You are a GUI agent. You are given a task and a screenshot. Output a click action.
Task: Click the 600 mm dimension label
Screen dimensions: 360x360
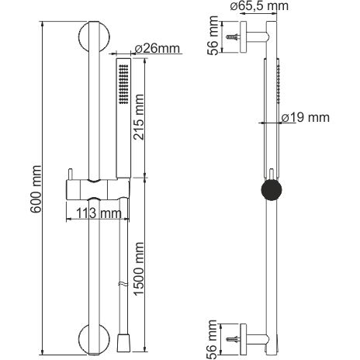[x=36, y=189]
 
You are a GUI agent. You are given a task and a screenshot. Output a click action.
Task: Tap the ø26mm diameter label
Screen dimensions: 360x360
[x=157, y=48]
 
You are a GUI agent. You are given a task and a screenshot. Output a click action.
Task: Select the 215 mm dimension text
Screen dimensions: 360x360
[x=138, y=117]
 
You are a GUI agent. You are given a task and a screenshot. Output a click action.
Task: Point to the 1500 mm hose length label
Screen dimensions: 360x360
[x=138, y=269]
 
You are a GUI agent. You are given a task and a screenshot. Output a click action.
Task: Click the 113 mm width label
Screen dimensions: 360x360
[x=99, y=213]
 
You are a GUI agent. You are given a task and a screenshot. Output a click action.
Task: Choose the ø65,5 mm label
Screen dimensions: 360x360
[x=259, y=6]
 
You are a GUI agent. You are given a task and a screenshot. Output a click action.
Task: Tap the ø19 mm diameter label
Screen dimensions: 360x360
[x=306, y=118]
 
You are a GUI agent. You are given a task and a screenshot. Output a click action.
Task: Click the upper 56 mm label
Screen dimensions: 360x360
[x=213, y=36]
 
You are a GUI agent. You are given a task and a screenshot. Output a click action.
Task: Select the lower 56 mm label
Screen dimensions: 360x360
[x=212, y=339]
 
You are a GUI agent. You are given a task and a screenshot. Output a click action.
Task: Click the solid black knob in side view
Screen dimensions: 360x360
[x=272, y=190]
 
